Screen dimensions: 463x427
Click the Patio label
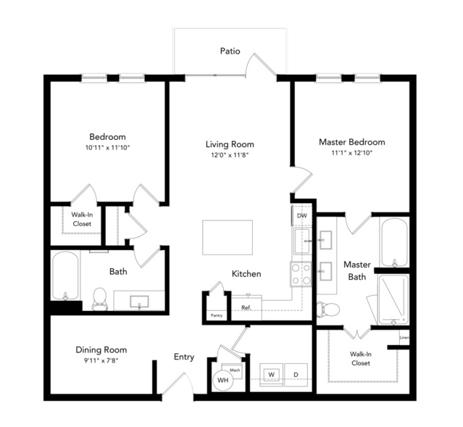[x=230, y=51]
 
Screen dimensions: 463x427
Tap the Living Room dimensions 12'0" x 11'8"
[x=230, y=155]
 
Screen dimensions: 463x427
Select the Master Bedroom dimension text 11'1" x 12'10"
[x=351, y=153]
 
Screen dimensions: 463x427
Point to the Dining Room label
[x=101, y=350]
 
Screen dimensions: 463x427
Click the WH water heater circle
[x=223, y=380]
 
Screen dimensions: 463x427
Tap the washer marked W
[x=272, y=375]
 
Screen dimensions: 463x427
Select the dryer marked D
[x=296, y=375]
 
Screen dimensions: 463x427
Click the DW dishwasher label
[x=301, y=216]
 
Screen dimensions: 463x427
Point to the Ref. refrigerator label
[x=246, y=307]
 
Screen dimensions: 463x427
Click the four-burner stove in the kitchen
[x=301, y=274]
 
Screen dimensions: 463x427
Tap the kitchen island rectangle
[x=228, y=237]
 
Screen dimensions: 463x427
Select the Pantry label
[x=217, y=315]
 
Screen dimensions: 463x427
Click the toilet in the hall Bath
[x=99, y=299]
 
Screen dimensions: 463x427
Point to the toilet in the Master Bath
[x=328, y=310]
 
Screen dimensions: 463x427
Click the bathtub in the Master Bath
[x=394, y=243]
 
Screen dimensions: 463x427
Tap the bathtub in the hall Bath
[x=65, y=275]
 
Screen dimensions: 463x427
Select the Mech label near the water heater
[x=235, y=370]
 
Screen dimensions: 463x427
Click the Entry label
[x=184, y=357]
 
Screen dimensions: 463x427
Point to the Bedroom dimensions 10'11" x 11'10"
[x=107, y=147]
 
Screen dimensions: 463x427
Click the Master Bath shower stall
[x=393, y=299]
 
